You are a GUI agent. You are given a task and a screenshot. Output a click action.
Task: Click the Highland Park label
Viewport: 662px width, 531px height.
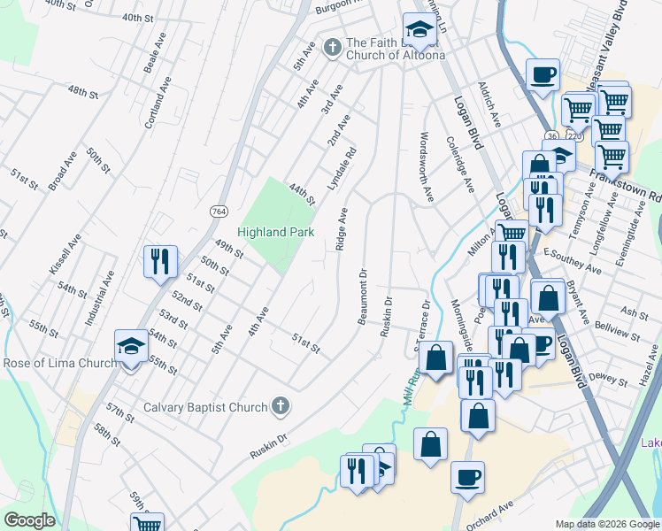pyautogui.click(x=275, y=232)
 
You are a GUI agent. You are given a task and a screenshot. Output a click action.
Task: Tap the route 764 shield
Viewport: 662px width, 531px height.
pyautogui.click(x=219, y=211)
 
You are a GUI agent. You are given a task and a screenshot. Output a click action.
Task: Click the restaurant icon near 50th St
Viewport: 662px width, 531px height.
pyautogui.click(x=160, y=261)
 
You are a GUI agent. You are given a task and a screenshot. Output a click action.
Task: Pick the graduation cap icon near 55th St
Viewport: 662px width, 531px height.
pyautogui.click(x=131, y=347)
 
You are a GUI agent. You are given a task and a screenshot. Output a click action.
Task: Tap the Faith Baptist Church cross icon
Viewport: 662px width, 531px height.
pyautogui.click(x=332, y=45)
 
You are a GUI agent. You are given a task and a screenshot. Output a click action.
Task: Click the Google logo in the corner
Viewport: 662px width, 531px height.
pyautogui.click(x=29, y=520)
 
